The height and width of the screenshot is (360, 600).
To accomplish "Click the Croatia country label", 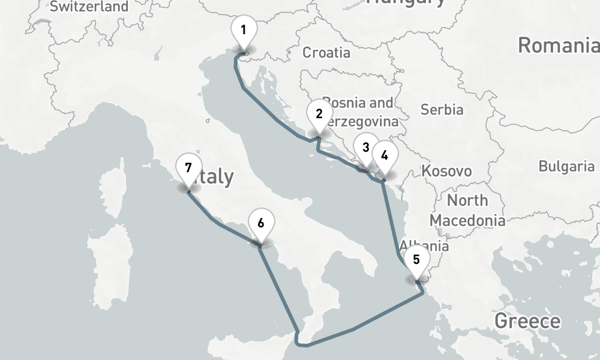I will (326, 53).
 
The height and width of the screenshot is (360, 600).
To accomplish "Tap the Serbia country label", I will (442, 110).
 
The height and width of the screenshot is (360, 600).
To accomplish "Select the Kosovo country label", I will (446, 171).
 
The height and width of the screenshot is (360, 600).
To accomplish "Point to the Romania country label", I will (558, 46).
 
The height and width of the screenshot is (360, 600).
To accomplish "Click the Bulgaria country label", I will (566, 166).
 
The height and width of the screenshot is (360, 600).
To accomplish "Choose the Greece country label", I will (527, 321).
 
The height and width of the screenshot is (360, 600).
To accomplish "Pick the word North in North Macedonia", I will (467, 200).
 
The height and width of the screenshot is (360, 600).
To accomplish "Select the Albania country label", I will (424, 245).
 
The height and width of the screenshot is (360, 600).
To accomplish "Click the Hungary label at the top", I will (406, 2).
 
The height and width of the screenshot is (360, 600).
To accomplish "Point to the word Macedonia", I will (467, 220).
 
